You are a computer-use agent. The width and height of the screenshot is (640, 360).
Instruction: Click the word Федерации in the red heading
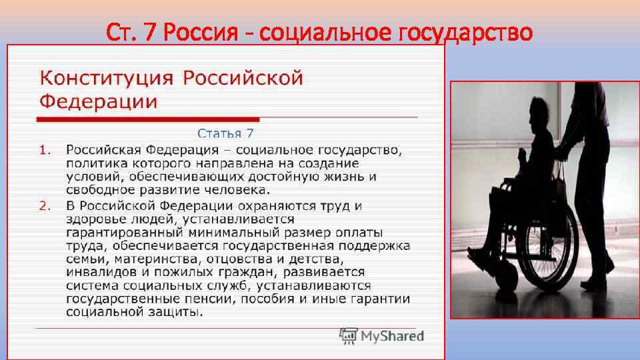(99, 102)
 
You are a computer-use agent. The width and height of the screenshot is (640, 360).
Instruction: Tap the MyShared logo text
(392, 335)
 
